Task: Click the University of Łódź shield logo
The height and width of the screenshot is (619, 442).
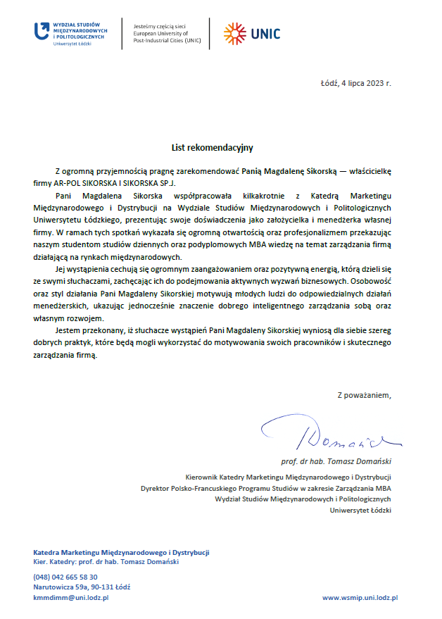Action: click(x=42, y=30)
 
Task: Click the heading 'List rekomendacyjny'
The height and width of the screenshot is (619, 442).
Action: click(x=212, y=148)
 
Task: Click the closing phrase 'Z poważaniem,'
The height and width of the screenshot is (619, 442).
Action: click(x=363, y=395)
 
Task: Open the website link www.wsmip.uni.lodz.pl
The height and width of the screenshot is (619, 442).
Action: click(x=360, y=597)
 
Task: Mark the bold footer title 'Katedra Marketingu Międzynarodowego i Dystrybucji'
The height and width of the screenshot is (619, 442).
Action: click(x=121, y=552)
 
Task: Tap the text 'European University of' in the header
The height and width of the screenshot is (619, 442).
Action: click(x=160, y=33)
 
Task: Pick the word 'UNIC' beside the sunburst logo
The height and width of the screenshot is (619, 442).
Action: click(x=265, y=33)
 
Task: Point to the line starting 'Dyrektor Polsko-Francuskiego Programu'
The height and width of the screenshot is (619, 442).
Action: click(x=266, y=487)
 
